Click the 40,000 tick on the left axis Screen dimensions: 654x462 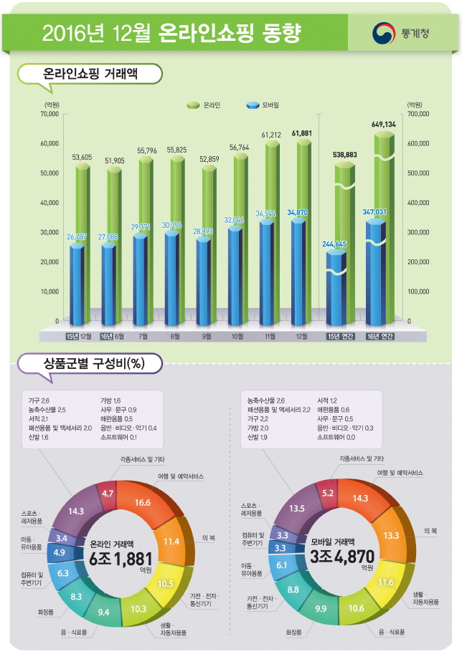[49, 203]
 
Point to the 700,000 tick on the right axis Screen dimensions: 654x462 [418, 114]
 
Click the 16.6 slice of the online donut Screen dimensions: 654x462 [142, 503]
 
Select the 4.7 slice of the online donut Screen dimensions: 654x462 [108, 494]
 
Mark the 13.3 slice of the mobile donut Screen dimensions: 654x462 [391, 535]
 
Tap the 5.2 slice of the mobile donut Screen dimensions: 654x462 [328, 493]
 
